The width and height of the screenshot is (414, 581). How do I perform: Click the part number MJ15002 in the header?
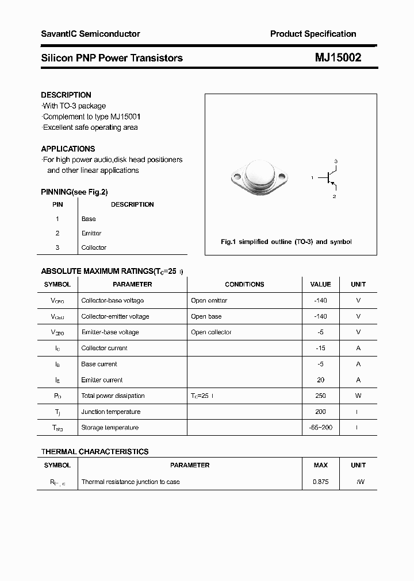pos(338,57)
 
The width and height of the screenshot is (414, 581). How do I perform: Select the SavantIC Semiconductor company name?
pos(90,34)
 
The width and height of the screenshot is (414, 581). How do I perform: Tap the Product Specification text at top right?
pos(313,34)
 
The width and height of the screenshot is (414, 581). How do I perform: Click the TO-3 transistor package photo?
pos(258,177)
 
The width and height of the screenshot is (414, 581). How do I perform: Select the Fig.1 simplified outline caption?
pos(286,242)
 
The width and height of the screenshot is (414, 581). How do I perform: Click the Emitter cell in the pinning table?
pos(91,233)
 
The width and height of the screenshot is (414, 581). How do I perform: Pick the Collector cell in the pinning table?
pos(94,247)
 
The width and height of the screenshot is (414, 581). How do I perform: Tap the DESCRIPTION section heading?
pos(66,95)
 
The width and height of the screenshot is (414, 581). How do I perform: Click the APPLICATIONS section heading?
pos(68,149)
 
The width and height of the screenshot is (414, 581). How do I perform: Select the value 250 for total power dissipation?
pos(320,396)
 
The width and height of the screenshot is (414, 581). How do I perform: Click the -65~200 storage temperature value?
pos(320,428)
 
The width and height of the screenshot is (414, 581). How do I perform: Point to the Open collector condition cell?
pos(211,332)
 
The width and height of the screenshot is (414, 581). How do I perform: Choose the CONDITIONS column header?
pos(244,284)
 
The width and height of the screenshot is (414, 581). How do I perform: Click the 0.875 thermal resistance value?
pos(320,482)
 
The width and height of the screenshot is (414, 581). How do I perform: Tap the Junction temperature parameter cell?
pos(110,412)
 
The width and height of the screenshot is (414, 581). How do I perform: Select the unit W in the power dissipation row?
pos(358,396)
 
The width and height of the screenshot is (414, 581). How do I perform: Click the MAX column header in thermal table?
pos(320,465)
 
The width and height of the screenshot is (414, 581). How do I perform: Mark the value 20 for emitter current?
pos(320,380)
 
